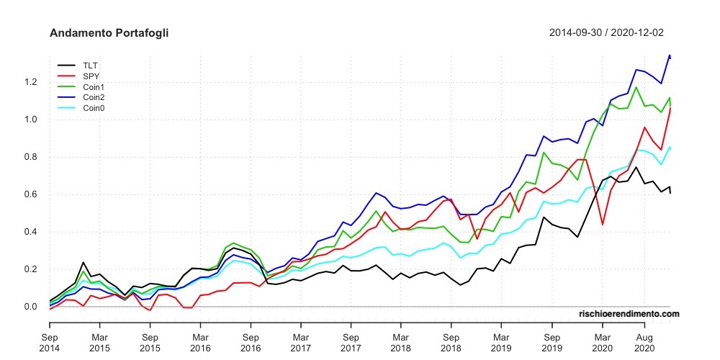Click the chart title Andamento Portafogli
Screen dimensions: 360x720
tap(109, 33)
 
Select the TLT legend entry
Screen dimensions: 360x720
tap(90, 65)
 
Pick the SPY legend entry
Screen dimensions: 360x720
tap(91, 76)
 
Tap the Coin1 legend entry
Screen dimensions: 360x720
tap(94, 86)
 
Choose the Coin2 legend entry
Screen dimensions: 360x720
tap(94, 97)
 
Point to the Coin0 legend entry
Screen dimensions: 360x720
tap(94, 108)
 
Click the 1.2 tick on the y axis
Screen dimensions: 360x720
tap(30, 82)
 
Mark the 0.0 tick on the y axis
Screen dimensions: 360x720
tap(30, 307)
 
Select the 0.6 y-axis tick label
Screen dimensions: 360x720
tap(30, 194)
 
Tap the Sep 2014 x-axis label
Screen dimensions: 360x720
tap(50, 342)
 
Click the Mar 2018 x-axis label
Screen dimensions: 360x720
tap(401, 342)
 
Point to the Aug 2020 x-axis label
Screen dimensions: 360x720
tap(643, 342)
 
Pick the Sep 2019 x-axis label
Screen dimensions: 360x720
tap(552, 342)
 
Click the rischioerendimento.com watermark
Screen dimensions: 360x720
tap(629, 314)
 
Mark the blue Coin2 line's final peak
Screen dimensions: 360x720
tap(670, 55)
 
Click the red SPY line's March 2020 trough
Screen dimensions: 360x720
tap(602, 225)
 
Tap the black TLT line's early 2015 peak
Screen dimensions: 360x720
tap(84, 263)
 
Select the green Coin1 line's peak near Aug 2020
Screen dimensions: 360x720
tap(636, 88)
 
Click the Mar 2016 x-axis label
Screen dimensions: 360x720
tap(200, 342)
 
